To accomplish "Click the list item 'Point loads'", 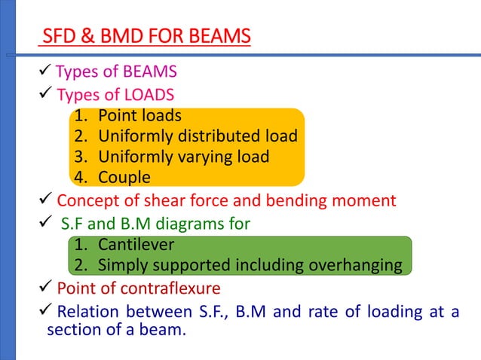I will [139, 116].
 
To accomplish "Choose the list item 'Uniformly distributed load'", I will [198, 136].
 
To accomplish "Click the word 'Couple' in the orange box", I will [124, 178].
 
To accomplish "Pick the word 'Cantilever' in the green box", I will [136, 245].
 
